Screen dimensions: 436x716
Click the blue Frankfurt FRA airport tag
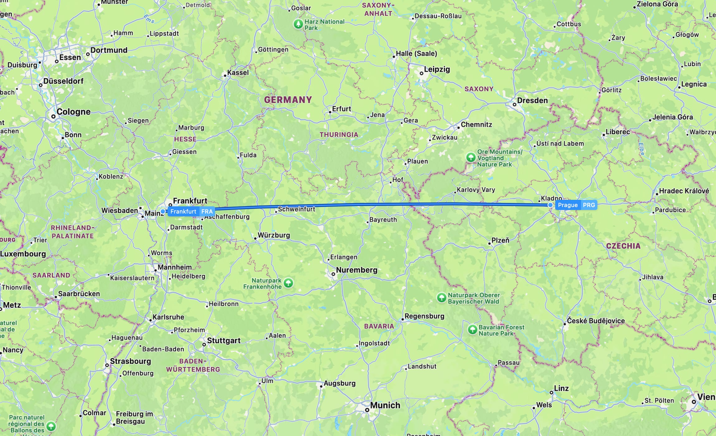(191, 211)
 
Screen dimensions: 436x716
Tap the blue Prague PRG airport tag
(576, 205)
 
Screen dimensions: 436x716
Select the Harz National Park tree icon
(298, 24)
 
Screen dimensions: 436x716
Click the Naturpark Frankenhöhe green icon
(288, 283)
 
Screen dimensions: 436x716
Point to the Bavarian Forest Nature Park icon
(472, 329)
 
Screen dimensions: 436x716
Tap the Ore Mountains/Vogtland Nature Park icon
(471, 157)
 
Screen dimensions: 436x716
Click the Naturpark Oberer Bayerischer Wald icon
(441, 297)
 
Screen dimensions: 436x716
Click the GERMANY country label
(288, 100)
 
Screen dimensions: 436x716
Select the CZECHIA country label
(623, 246)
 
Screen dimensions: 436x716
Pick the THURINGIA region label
(339, 135)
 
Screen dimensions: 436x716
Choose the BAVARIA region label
(379, 326)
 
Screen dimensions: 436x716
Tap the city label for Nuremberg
(356, 270)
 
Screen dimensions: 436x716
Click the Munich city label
(385, 405)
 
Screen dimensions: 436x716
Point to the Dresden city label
(532, 101)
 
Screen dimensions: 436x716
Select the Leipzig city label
(437, 69)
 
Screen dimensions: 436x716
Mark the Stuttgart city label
(224, 340)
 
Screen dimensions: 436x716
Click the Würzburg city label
(274, 235)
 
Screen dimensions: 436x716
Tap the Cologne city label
(73, 112)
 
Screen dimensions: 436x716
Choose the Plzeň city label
(500, 240)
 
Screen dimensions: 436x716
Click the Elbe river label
(641, 149)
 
